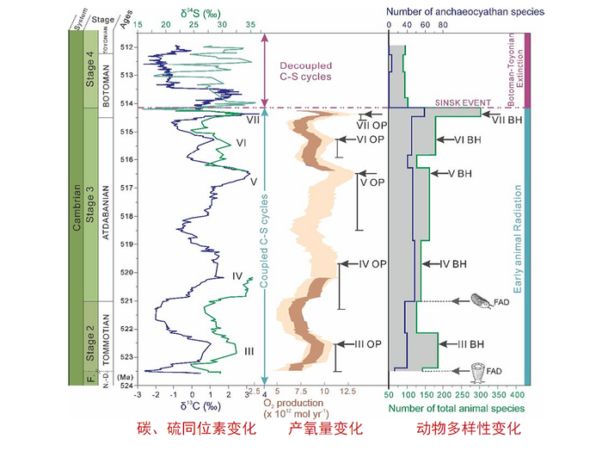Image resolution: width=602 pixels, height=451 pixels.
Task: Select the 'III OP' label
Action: pos(367,344)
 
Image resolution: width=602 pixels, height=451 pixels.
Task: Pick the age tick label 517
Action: pos(126,188)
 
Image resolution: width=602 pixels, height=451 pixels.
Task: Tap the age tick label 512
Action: pos(126,46)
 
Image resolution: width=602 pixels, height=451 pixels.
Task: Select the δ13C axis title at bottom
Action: pos(200,405)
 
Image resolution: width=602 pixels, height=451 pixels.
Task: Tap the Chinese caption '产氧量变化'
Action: pos(326,429)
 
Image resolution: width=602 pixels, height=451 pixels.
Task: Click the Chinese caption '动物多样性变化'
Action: pos(469,429)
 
